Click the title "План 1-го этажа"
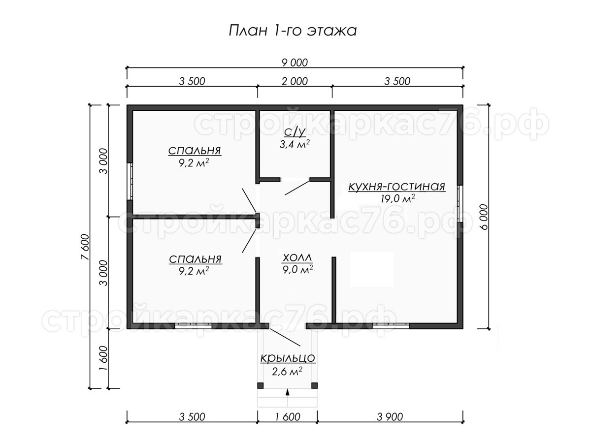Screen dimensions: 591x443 pos(293,31)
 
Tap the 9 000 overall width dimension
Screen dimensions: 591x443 pos(295,63)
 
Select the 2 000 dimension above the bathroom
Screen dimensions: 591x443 pos(295,81)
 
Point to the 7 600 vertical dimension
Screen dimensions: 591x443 pos(85,247)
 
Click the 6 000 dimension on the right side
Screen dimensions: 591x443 pos(484,217)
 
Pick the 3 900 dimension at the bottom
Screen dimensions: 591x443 pos(390,417)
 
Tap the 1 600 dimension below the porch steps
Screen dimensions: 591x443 pos(287,417)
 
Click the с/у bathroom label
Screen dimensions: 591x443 pos(295,132)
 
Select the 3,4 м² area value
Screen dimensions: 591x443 pos(295,144)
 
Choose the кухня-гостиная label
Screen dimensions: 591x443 pos(397,187)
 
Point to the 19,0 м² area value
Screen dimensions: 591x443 pos(397,199)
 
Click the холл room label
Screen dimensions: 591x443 pos(297,257)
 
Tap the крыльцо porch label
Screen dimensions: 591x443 pos(288,358)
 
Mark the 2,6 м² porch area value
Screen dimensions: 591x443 pos(287,372)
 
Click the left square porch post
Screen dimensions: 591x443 pos(261,385)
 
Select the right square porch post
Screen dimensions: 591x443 pos(315,385)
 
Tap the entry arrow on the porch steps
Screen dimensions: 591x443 pos(288,392)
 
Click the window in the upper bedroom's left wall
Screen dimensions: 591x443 pos(130,181)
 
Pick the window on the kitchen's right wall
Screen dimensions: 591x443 pos(460,204)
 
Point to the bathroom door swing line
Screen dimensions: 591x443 pos(297,188)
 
